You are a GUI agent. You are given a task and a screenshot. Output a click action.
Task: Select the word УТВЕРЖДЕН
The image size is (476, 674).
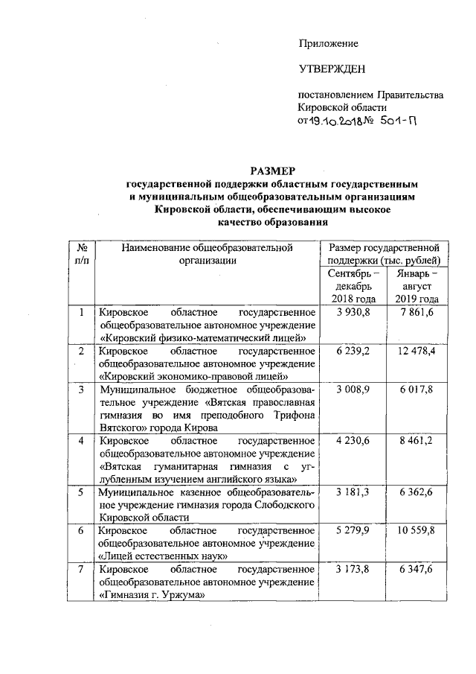click(332, 70)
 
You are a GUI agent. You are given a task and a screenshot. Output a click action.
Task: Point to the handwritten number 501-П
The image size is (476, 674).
click(394, 121)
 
